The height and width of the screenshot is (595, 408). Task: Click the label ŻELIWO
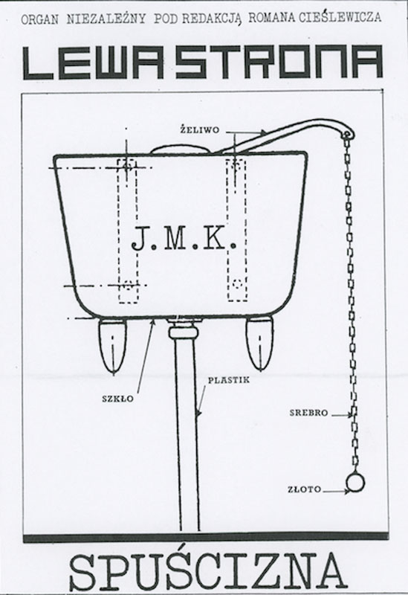point(199,129)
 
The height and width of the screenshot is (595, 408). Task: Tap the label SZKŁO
point(118,399)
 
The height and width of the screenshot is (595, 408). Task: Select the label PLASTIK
point(228,380)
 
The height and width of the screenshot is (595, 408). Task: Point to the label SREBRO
point(308,413)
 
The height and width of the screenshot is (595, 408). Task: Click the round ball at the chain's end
point(355,483)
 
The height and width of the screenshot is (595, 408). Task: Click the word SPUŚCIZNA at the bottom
point(208,571)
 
